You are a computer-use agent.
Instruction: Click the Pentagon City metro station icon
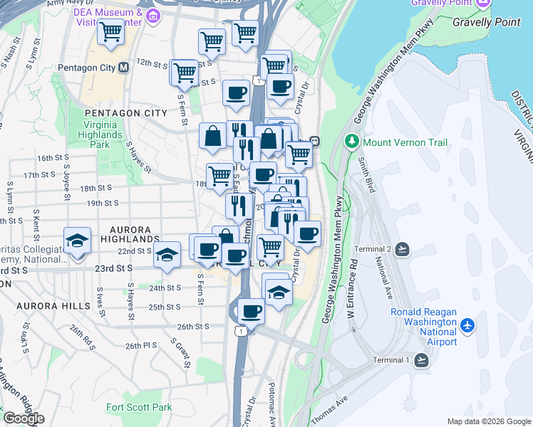click(x=123, y=68)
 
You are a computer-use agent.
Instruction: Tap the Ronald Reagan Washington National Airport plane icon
click(x=467, y=325)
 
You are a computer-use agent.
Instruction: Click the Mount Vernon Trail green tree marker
click(x=351, y=142)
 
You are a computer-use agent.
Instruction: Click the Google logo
click(x=23, y=418)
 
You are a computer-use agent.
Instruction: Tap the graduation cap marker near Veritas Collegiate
click(x=77, y=241)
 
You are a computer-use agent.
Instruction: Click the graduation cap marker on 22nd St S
click(x=167, y=255)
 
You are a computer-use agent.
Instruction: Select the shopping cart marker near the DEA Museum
click(x=110, y=32)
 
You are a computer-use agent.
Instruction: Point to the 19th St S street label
click(x=102, y=203)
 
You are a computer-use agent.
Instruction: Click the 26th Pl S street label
click(x=141, y=345)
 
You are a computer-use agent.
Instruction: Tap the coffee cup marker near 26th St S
click(x=251, y=310)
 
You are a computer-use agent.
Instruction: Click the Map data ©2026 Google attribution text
click(x=489, y=421)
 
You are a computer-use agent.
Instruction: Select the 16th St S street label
click(x=53, y=158)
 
